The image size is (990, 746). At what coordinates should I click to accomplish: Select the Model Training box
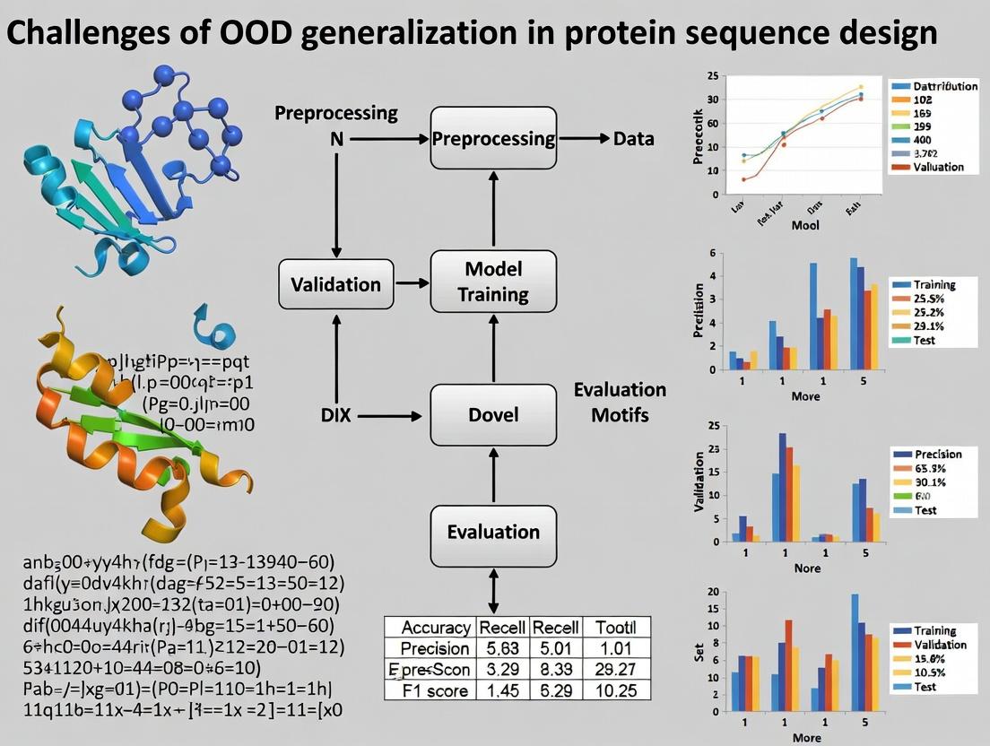pos(493,282)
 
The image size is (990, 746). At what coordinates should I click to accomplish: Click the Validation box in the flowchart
pos(335,284)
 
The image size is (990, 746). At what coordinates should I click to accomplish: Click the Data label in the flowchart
pos(633,139)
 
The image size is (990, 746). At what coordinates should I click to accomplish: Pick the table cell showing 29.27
pos(614,669)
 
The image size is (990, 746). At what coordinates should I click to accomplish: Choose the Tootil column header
pos(614,627)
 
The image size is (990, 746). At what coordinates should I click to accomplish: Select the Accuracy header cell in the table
pos(435,627)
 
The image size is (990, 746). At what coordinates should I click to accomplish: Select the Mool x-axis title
pos(805,226)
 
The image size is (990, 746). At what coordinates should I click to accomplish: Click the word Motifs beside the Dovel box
pos(619,416)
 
